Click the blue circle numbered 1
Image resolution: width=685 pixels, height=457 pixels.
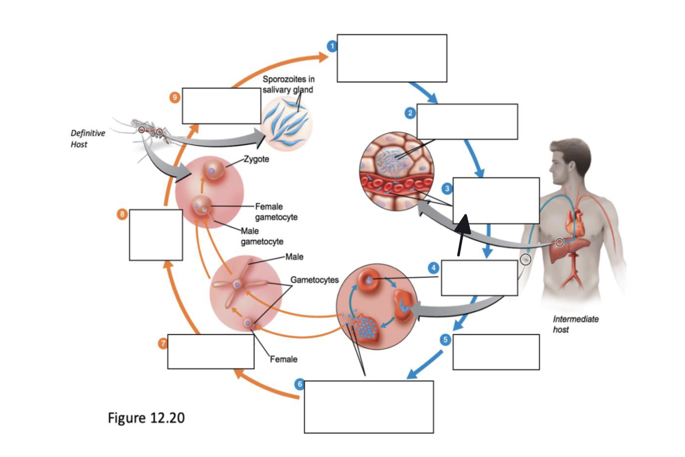[x=332, y=46]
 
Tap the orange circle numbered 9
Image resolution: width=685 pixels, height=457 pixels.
[x=174, y=98]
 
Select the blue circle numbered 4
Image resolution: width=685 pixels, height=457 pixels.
[x=433, y=268]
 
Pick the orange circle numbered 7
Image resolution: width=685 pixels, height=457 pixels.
[x=163, y=344]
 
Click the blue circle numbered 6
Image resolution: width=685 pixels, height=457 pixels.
[x=300, y=384]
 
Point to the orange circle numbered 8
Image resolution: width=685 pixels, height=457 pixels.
[x=122, y=214]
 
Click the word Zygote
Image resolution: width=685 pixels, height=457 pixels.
[x=256, y=159]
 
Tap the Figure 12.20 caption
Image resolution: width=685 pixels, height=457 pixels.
[x=146, y=417]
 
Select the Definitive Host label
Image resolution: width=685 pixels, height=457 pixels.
[x=88, y=139]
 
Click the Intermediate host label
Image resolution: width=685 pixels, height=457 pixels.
[x=575, y=324]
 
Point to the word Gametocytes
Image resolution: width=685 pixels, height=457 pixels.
[x=314, y=280]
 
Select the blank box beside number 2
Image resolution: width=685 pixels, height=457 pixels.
[x=467, y=121]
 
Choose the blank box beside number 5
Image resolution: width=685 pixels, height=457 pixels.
[x=496, y=352]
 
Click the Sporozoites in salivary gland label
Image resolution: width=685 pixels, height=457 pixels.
[x=288, y=84]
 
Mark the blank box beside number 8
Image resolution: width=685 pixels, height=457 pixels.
[x=156, y=235]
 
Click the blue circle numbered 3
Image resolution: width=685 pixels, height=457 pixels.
[x=447, y=188]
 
